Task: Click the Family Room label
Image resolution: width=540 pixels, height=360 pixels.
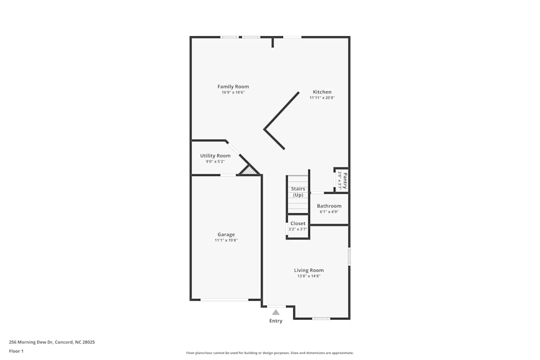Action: [x=233, y=86]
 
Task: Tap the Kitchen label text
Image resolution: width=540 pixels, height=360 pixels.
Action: [x=322, y=92]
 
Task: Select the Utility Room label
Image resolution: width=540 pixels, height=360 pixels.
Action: [x=215, y=155]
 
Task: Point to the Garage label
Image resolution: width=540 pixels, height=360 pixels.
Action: [x=226, y=234]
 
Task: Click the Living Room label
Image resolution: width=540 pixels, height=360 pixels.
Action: [x=309, y=270]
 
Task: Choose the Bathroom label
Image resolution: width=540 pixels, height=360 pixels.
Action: [x=329, y=206]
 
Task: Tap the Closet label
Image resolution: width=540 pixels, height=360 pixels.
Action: [x=298, y=223]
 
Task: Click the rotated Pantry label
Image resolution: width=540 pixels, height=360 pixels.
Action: [x=345, y=179]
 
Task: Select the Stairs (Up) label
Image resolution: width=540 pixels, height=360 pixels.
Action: [x=298, y=192]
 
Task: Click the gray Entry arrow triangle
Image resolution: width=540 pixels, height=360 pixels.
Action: [x=276, y=312]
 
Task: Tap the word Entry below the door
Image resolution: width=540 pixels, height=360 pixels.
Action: [x=276, y=321]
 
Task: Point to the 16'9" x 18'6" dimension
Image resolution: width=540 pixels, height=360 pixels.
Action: [x=233, y=92]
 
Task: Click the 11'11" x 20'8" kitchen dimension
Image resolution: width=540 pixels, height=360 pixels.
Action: [x=322, y=98]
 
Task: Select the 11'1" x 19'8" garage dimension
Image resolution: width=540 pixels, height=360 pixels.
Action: [x=226, y=240]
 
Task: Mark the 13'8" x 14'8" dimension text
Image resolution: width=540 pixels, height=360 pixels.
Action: [x=309, y=276]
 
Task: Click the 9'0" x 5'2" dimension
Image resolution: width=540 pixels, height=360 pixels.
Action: [x=215, y=161]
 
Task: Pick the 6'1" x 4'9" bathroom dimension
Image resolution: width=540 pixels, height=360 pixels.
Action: [x=329, y=212]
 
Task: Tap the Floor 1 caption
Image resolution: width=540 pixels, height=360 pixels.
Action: [x=16, y=351]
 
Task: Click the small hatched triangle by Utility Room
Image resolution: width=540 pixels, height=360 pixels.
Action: [x=248, y=171]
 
